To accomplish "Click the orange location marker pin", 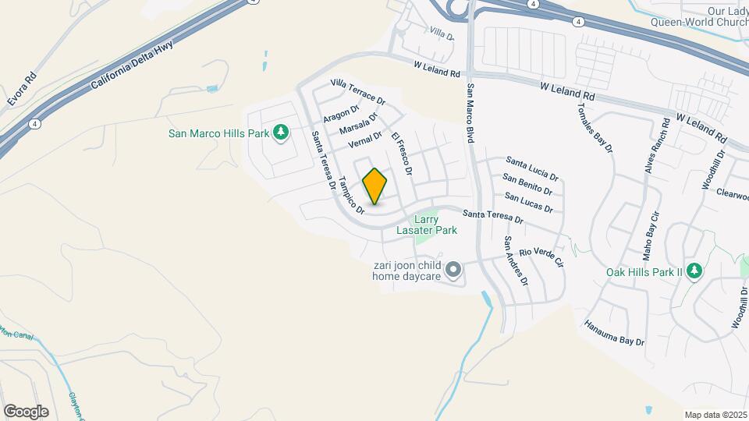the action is [375, 186].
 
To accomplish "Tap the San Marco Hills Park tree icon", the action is [281, 133].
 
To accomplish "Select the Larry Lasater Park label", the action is [436, 225].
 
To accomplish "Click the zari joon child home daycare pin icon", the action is [453, 271].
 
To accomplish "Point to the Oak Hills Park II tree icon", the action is [694, 272].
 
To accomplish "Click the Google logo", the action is [26, 411].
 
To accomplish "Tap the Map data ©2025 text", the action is [715, 414].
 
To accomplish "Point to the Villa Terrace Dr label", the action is [358, 92].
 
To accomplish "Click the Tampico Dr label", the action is [352, 195].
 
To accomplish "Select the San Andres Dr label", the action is [516, 261].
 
